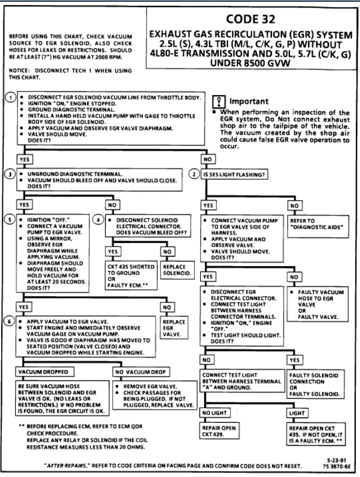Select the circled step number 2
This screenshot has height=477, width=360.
point(195,173)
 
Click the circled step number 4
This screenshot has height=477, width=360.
point(100,220)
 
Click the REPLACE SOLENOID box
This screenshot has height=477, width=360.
point(174,270)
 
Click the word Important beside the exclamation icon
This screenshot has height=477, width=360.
point(249,102)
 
